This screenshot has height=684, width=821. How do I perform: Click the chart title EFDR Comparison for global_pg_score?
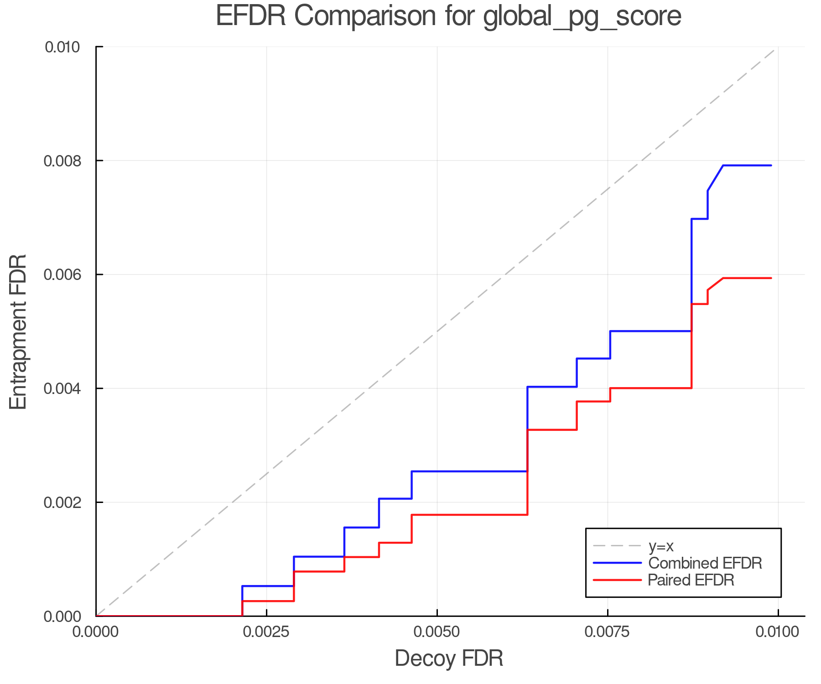pyautogui.click(x=448, y=16)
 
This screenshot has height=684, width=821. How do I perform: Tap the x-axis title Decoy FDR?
pyautogui.click(x=449, y=658)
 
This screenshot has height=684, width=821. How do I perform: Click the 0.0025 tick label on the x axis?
pyautogui.click(x=266, y=632)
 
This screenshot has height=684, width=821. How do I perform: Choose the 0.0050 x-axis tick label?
pyautogui.click(x=437, y=632)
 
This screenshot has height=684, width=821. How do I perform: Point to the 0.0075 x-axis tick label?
pyautogui.click(x=608, y=632)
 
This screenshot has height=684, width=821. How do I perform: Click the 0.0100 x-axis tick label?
pyautogui.click(x=778, y=632)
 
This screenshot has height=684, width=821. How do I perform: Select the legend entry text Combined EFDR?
pyautogui.click(x=705, y=563)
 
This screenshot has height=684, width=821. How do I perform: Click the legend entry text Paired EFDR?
pyautogui.click(x=691, y=580)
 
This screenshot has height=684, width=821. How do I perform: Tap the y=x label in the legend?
pyautogui.click(x=661, y=546)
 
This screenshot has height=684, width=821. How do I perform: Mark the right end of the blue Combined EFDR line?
pyautogui.click(x=771, y=166)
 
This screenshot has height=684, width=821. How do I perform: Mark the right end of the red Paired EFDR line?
pyautogui.click(x=771, y=278)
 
